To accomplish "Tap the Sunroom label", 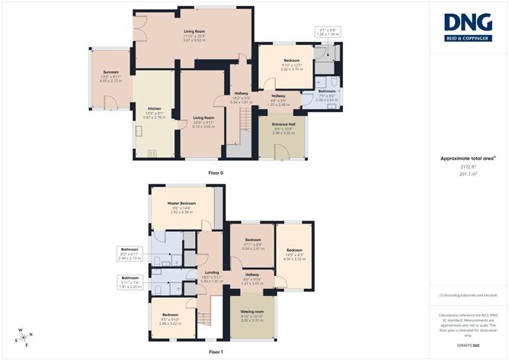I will click(111, 77).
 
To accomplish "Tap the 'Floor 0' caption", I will click(216, 173).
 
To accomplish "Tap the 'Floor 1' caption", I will click(216, 351).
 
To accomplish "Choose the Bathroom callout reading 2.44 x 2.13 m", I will click(131, 254).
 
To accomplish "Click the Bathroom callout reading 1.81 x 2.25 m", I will click(131, 281).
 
